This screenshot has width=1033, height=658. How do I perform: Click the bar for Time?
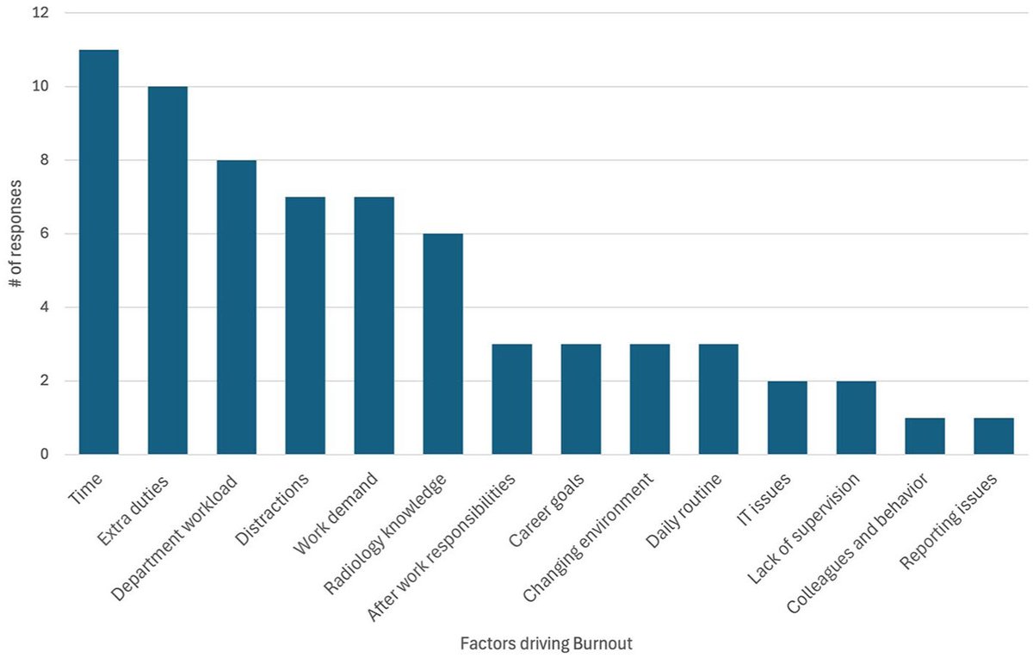point(98,251)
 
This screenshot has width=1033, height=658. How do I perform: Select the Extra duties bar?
point(167,270)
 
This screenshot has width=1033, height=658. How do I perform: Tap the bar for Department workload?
point(236,307)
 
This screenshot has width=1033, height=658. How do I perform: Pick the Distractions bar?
point(305,326)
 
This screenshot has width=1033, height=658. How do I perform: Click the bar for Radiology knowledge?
point(442,344)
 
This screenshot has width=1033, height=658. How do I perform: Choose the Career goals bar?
point(580,399)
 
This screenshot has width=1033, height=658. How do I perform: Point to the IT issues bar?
point(787,418)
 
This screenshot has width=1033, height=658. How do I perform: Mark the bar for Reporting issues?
point(993,436)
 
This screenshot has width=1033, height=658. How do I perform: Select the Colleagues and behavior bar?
point(925,436)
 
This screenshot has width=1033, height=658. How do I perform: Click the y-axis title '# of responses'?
point(17,234)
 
